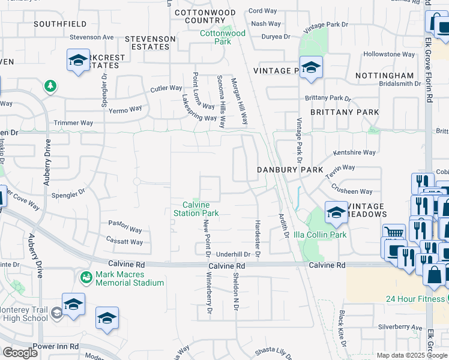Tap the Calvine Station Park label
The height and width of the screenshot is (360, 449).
point(196,209)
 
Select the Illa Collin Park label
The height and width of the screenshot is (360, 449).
point(321,235)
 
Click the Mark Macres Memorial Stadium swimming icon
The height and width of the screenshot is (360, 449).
point(86,277)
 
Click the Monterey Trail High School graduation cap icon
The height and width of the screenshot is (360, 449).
point(56,313)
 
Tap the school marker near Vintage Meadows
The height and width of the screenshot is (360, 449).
point(336,211)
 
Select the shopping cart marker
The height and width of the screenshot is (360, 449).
point(394,232)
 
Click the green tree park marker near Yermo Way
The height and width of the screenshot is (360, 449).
point(50,86)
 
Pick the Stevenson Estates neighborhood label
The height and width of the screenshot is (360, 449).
point(150,43)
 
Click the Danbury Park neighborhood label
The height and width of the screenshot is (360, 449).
point(290,170)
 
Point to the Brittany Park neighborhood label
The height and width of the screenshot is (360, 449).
point(345,112)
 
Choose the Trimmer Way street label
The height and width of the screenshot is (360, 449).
point(74,123)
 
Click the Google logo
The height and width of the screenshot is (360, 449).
point(20,353)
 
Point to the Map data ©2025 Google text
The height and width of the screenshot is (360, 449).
point(411,355)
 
